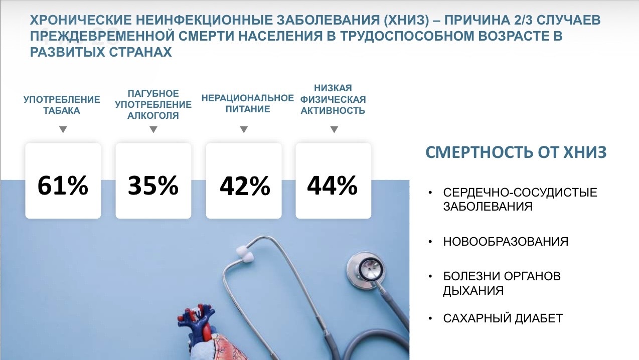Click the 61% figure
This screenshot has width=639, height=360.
point(63,186)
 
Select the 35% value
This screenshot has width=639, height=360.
point(153,186)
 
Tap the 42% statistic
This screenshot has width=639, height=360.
point(245,186)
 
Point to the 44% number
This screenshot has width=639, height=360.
point(333,186)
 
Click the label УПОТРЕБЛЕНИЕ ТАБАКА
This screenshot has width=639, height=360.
point(62,105)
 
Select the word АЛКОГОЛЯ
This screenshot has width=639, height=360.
point(153,115)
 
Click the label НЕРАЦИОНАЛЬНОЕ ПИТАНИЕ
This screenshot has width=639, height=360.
point(248,104)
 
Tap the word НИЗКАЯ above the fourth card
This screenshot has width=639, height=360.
point(333,88)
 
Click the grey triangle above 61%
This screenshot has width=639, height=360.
point(63,129)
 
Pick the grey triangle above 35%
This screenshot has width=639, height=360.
point(153,129)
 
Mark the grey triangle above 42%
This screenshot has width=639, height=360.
point(244,129)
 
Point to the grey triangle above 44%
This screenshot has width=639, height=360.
point(334,129)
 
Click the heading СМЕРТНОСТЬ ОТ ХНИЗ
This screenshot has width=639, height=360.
point(516,152)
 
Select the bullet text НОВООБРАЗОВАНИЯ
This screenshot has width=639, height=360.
point(506,242)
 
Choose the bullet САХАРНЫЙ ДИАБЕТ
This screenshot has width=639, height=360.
point(503,318)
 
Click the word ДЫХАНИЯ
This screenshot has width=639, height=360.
point(473,291)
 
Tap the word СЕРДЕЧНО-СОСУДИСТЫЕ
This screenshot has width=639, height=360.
point(520,193)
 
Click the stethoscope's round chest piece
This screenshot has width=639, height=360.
point(366,270)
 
